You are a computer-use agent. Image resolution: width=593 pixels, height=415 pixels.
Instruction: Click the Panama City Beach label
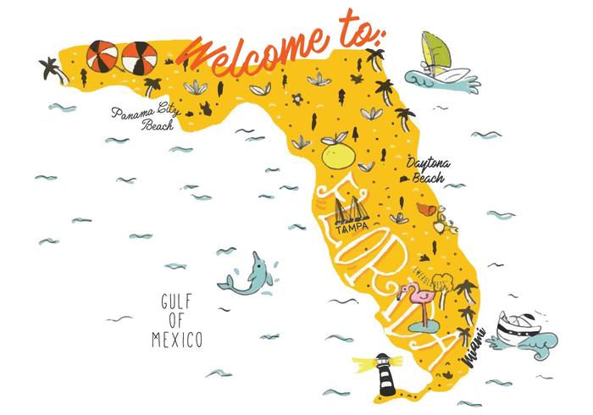(142, 119)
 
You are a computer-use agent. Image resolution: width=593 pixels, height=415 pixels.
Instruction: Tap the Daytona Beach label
(429, 170)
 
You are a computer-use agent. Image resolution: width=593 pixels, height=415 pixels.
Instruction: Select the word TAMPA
(348, 230)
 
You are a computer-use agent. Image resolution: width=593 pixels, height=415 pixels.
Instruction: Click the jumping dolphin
(246, 275)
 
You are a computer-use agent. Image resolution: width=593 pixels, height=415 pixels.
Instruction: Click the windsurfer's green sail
(435, 51)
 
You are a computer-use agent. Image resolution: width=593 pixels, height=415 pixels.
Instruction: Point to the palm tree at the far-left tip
(51, 67)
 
